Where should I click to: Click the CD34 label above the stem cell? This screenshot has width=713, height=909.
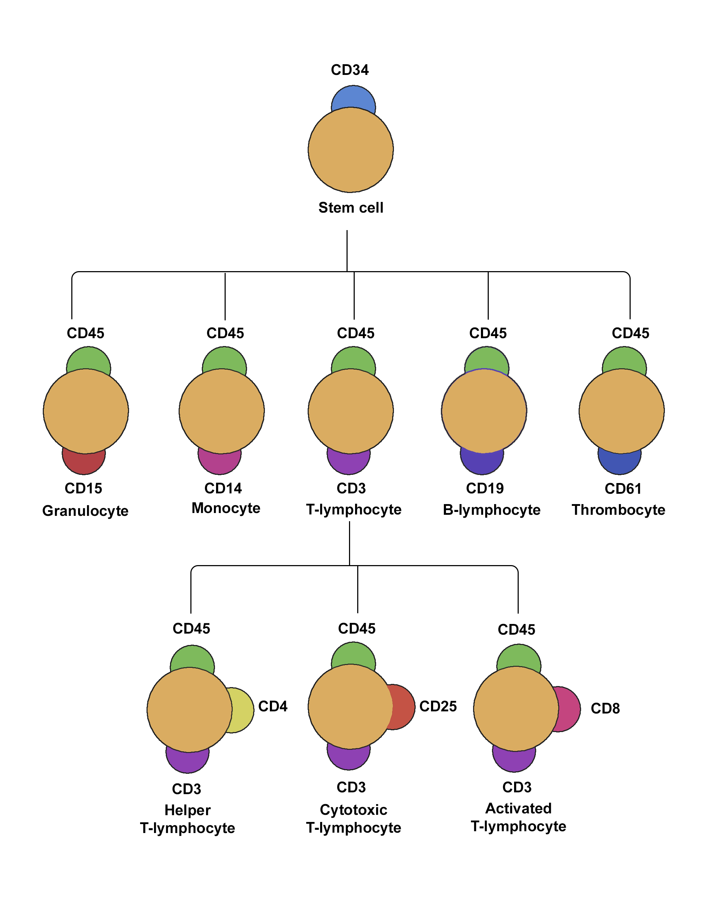[x=349, y=70]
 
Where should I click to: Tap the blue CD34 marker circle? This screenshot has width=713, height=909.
[x=353, y=97]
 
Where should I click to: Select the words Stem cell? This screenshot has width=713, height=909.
[x=351, y=208]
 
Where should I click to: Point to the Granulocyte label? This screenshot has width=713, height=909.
[x=85, y=511]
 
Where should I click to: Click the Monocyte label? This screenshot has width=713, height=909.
[x=226, y=508]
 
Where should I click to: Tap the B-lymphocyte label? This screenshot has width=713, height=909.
[x=491, y=510]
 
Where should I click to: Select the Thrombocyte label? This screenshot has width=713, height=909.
[x=618, y=510]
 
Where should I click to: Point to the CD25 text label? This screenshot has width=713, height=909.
[x=438, y=706]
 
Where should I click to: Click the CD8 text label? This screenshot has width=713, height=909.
[x=605, y=708]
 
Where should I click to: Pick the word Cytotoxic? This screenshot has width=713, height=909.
[x=353, y=809]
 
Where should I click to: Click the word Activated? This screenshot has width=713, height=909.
[x=518, y=808]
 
